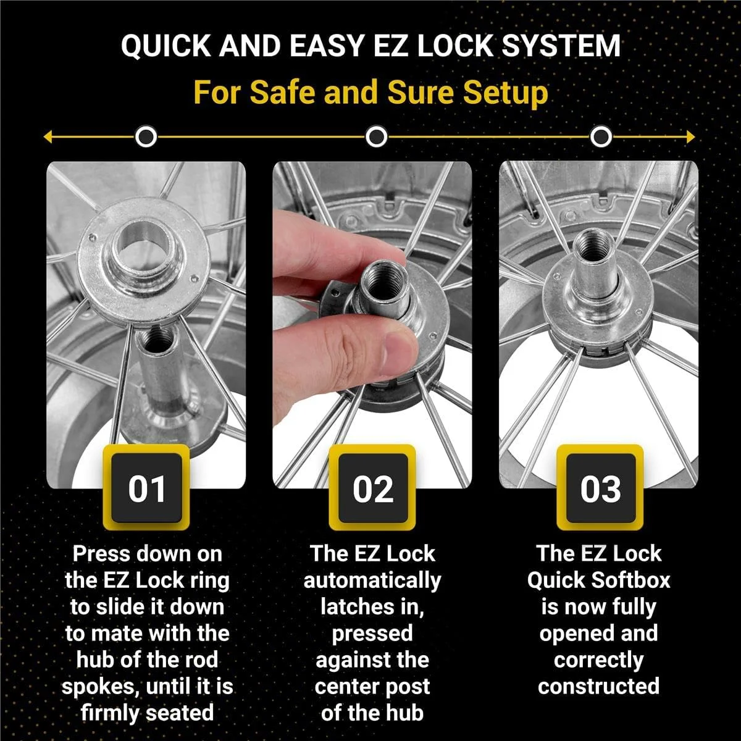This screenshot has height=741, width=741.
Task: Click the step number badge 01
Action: [x=146, y=488]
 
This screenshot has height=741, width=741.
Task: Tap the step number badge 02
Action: [x=372, y=488]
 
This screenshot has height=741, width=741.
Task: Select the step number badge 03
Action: [x=600, y=488]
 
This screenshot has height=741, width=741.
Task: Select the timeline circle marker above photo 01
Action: [x=146, y=136]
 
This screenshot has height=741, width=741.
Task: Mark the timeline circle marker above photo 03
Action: [x=600, y=136]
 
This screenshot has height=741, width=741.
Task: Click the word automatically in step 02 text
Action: [x=372, y=580]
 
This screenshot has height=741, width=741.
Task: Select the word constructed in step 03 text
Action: [x=598, y=686]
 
